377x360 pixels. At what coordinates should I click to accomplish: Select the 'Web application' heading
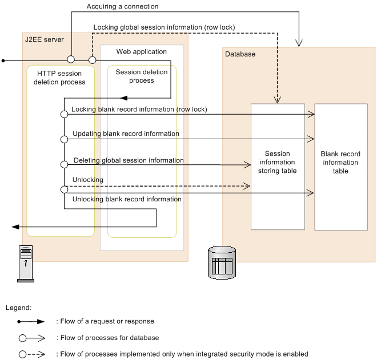point(142,51)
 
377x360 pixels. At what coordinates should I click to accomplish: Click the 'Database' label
point(240,54)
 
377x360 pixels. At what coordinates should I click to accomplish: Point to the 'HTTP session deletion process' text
point(59,78)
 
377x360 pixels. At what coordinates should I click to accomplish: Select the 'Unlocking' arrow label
point(88,180)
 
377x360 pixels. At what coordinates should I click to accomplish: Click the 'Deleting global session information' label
point(129,161)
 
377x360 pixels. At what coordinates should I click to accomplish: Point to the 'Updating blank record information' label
point(126,134)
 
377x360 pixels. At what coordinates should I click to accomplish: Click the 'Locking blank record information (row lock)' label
point(139,109)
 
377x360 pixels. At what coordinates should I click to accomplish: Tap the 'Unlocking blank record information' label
point(127,199)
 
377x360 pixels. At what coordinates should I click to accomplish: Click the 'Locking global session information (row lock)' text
point(164,27)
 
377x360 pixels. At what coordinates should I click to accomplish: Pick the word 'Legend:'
point(18,308)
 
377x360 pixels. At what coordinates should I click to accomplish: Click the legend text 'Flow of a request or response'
point(105,322)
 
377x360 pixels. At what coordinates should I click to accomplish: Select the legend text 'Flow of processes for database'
point(107,338)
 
